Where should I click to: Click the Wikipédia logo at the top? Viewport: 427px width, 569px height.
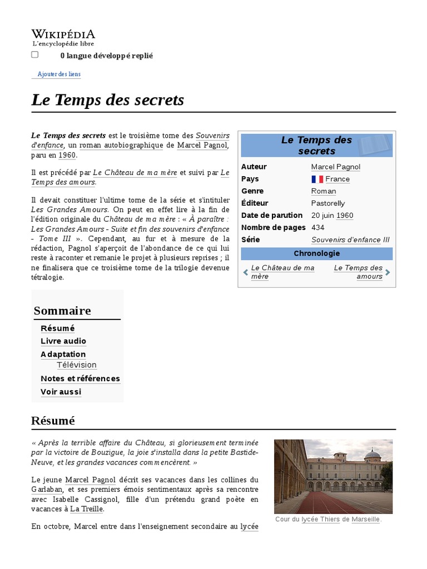coord(63,37)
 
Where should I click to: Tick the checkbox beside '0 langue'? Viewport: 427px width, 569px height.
coord(35,54)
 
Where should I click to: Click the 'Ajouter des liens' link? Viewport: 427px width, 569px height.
coord(58,74)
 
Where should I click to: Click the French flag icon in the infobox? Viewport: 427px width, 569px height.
coord(317,179)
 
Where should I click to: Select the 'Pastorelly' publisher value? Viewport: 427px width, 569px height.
coord(328,203)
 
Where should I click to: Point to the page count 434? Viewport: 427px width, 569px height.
coord(318,227)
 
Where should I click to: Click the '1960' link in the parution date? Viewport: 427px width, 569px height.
coord(345,216)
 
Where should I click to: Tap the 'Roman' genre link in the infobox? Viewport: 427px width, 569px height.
coord(324,191)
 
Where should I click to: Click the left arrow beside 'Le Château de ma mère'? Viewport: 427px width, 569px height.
coord(246,272)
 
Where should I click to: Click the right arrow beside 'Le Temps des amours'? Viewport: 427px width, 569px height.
coord(388,272)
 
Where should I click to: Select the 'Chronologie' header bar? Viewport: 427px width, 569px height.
coord(316,253)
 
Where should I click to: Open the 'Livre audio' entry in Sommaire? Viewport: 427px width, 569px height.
coord(63,341)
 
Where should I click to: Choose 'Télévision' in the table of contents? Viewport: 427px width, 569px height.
coord(77,365)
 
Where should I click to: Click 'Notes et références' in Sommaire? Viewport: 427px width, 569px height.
coord(80,379)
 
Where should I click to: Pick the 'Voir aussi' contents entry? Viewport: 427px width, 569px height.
coord(61,392)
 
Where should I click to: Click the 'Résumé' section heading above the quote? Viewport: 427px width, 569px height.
coord(53,421)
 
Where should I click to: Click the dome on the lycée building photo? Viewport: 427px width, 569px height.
coord(372,455)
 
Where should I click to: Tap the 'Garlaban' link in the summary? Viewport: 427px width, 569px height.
coord(46,490)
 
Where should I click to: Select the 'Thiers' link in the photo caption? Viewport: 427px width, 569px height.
coord(330,519)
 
